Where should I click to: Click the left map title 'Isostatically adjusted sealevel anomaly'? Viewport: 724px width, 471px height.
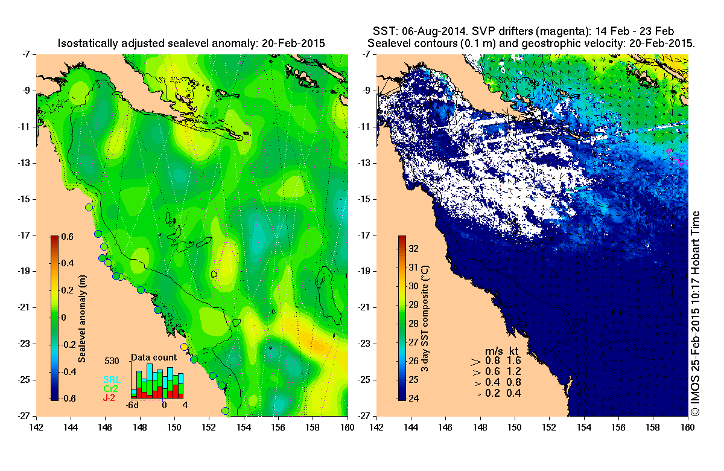pos(190,43)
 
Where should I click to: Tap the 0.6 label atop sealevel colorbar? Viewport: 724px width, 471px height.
pos(66,237)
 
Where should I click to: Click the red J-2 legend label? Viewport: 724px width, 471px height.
pos(109,398)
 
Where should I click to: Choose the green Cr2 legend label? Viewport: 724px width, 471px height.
pos(110,389)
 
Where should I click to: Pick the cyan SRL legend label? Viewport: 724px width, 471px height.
pos(110,380)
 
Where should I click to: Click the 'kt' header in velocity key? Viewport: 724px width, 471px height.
pos(514,351)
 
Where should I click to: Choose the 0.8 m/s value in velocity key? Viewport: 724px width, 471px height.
pos(493,360)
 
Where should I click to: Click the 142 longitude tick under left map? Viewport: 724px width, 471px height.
pos(37,426)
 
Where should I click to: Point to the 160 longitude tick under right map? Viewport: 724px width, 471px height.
pos(687,426)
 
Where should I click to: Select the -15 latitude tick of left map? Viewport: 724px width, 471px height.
pos(27,199)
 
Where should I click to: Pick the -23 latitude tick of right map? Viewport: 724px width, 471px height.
pos(367,344)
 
